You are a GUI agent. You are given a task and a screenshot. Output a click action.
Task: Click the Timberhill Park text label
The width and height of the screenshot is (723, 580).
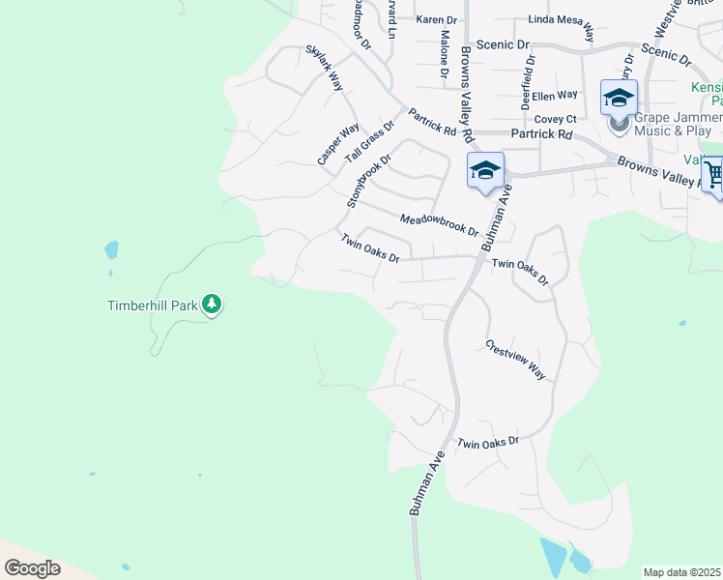tap(152, 306)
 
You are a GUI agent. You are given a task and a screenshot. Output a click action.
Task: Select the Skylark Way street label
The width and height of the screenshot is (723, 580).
tap(325, 67)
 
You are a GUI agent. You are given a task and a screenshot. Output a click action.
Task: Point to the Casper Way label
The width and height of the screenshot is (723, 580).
tap(338, 143)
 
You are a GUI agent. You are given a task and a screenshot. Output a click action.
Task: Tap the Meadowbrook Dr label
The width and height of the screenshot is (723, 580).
tap(440, 224)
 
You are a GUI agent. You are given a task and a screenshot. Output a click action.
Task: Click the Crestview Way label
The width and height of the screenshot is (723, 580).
tap(516, 360)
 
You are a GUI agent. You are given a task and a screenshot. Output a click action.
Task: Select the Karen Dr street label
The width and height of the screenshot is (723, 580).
tap(436, 19)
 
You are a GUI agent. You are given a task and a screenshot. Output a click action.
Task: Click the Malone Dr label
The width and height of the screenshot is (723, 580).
tap(444, 53)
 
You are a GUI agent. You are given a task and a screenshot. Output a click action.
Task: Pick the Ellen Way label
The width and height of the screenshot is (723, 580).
tap(554, 95)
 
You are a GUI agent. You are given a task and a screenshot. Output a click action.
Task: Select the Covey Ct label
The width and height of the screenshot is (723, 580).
tap(556, 118)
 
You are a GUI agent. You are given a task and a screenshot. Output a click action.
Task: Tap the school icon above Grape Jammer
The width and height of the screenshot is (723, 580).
tap(619, 97)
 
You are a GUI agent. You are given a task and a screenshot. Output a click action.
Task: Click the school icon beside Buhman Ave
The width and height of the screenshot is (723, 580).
tap(485, 171)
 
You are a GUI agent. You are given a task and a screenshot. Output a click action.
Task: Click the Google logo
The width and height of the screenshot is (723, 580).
tap(32, 568)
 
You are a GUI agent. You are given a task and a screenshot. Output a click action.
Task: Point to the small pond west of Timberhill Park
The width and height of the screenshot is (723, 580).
tap(111, 250)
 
